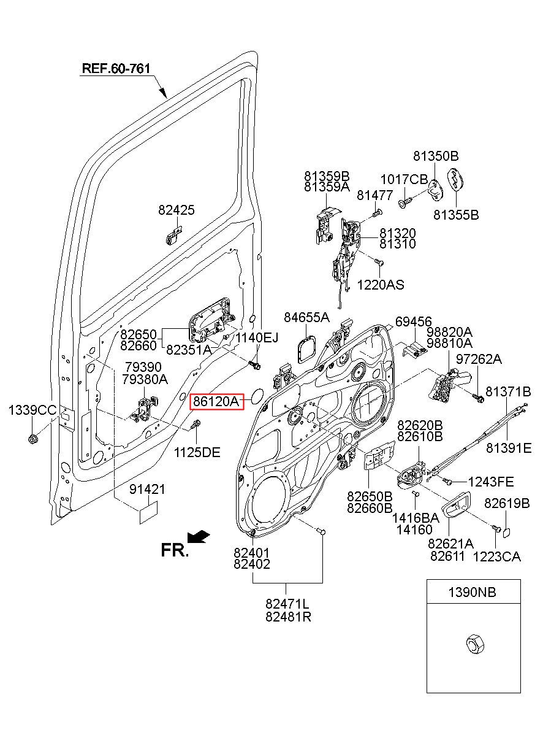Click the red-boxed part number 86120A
click(x=216, y=402)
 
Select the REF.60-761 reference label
click(x=116, y=69)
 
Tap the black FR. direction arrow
click(x=199, y=537)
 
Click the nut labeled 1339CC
click(x=32, y=439)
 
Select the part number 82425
click(x=177, y=210)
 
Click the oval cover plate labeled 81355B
click(x=455, y=180)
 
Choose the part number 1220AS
click(x=381, y=285)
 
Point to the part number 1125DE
click(x=197, y=452)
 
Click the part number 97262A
click(x=479, y=359)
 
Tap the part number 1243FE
click(x=491, y=482)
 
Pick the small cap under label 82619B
click(x=506, y=533)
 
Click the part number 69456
click(x=414, y=321)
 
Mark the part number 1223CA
click(x=497, y=557)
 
